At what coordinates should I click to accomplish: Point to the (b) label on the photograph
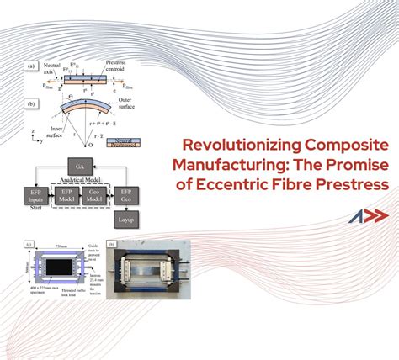[113, 246]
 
